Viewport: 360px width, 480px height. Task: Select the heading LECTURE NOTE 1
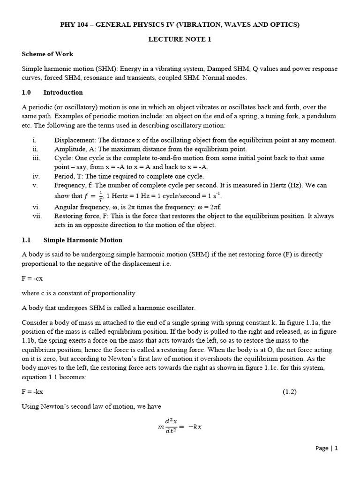coord(180,39)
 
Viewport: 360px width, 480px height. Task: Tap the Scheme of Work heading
coord(47,54)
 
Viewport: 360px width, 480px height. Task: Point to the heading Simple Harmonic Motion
coord(82,240)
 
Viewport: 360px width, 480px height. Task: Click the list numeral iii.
coord(37,158)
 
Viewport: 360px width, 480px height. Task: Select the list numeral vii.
coord(37,216)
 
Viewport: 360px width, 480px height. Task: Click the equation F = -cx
coord(32,278)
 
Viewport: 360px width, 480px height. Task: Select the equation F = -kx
coord(32,391)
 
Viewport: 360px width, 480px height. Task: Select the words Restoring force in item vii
coord(76,216)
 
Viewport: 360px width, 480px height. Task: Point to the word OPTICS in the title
coord(284,25)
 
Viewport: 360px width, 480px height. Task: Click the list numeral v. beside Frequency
coord(35,185)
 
